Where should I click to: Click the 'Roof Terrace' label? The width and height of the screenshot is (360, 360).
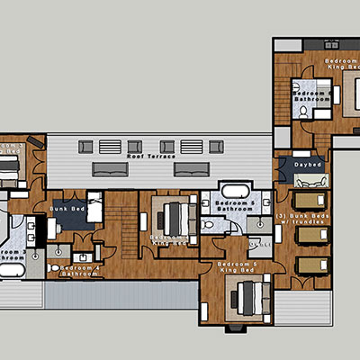[151, 157]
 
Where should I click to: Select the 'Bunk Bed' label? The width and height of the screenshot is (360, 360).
[66, 209]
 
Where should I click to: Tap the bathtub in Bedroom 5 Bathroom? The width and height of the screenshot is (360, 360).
[233, 192]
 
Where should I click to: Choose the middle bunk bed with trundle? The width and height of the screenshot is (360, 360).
[311, 235]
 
